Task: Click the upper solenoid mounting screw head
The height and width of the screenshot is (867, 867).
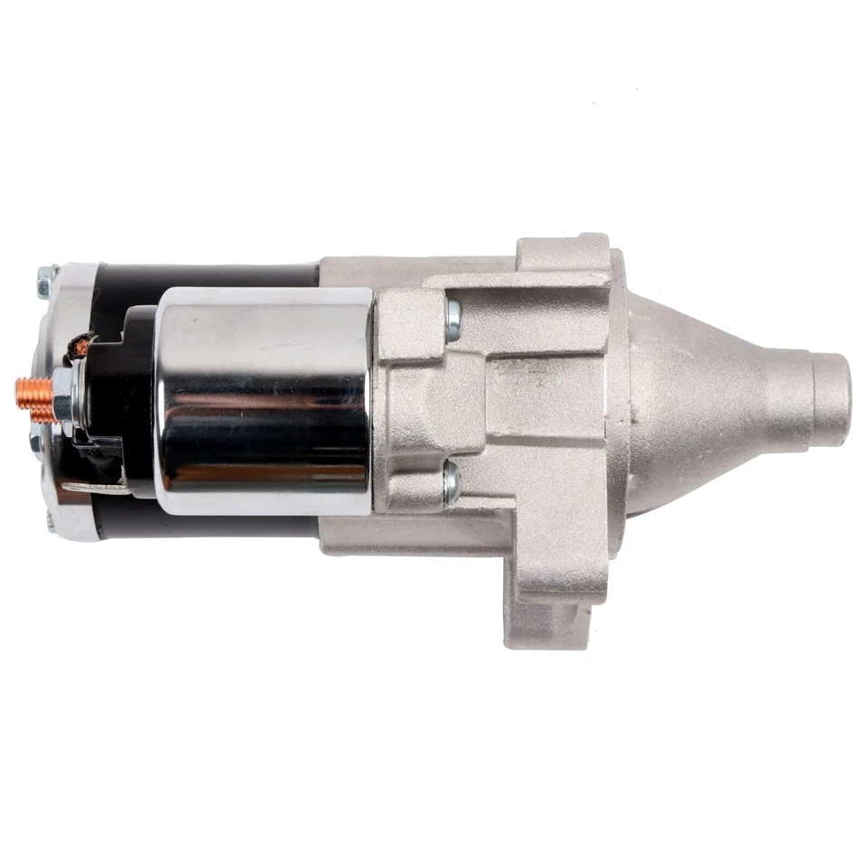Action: tap(452, 313)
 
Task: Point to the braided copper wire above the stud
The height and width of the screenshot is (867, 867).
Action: tap(81, 345)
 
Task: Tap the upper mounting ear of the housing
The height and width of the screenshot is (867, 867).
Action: tap(560, 253)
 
